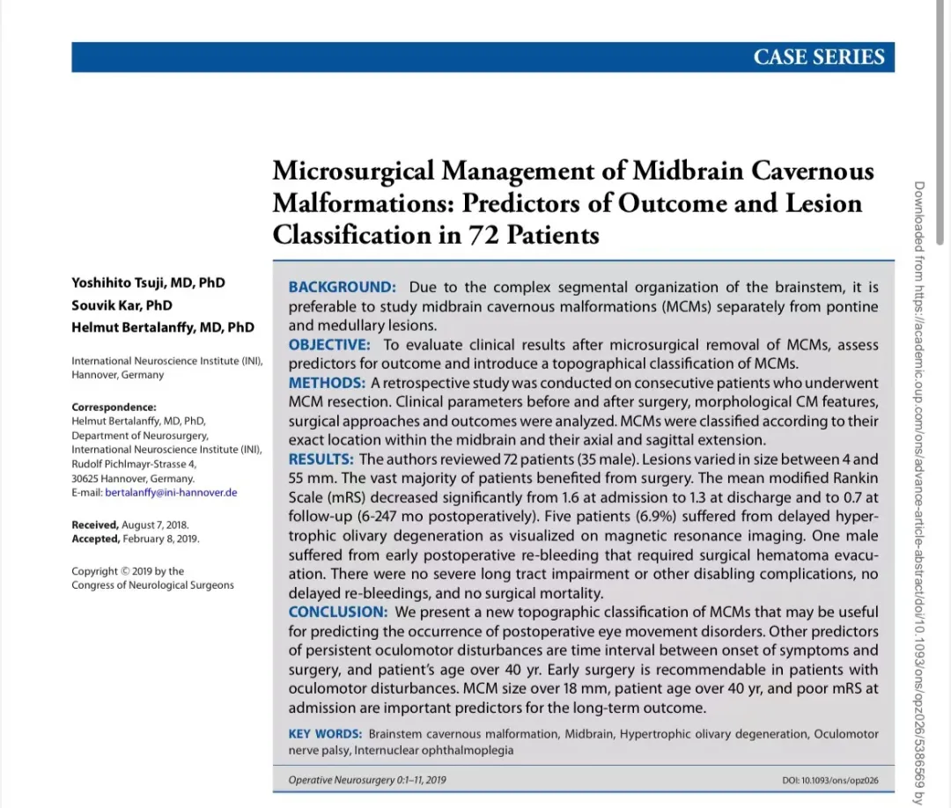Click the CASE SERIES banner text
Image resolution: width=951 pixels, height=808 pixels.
(818, 57)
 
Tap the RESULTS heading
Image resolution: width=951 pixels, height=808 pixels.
(321, 459)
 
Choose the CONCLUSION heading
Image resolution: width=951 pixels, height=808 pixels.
(337, 612)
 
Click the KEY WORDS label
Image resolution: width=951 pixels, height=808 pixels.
(325, 734)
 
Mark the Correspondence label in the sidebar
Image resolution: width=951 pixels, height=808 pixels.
(114, 407)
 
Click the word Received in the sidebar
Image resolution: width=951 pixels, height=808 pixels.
(94, 525)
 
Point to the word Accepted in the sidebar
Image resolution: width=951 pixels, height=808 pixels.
(95, 539)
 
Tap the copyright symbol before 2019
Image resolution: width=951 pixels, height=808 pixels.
(125, 571)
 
